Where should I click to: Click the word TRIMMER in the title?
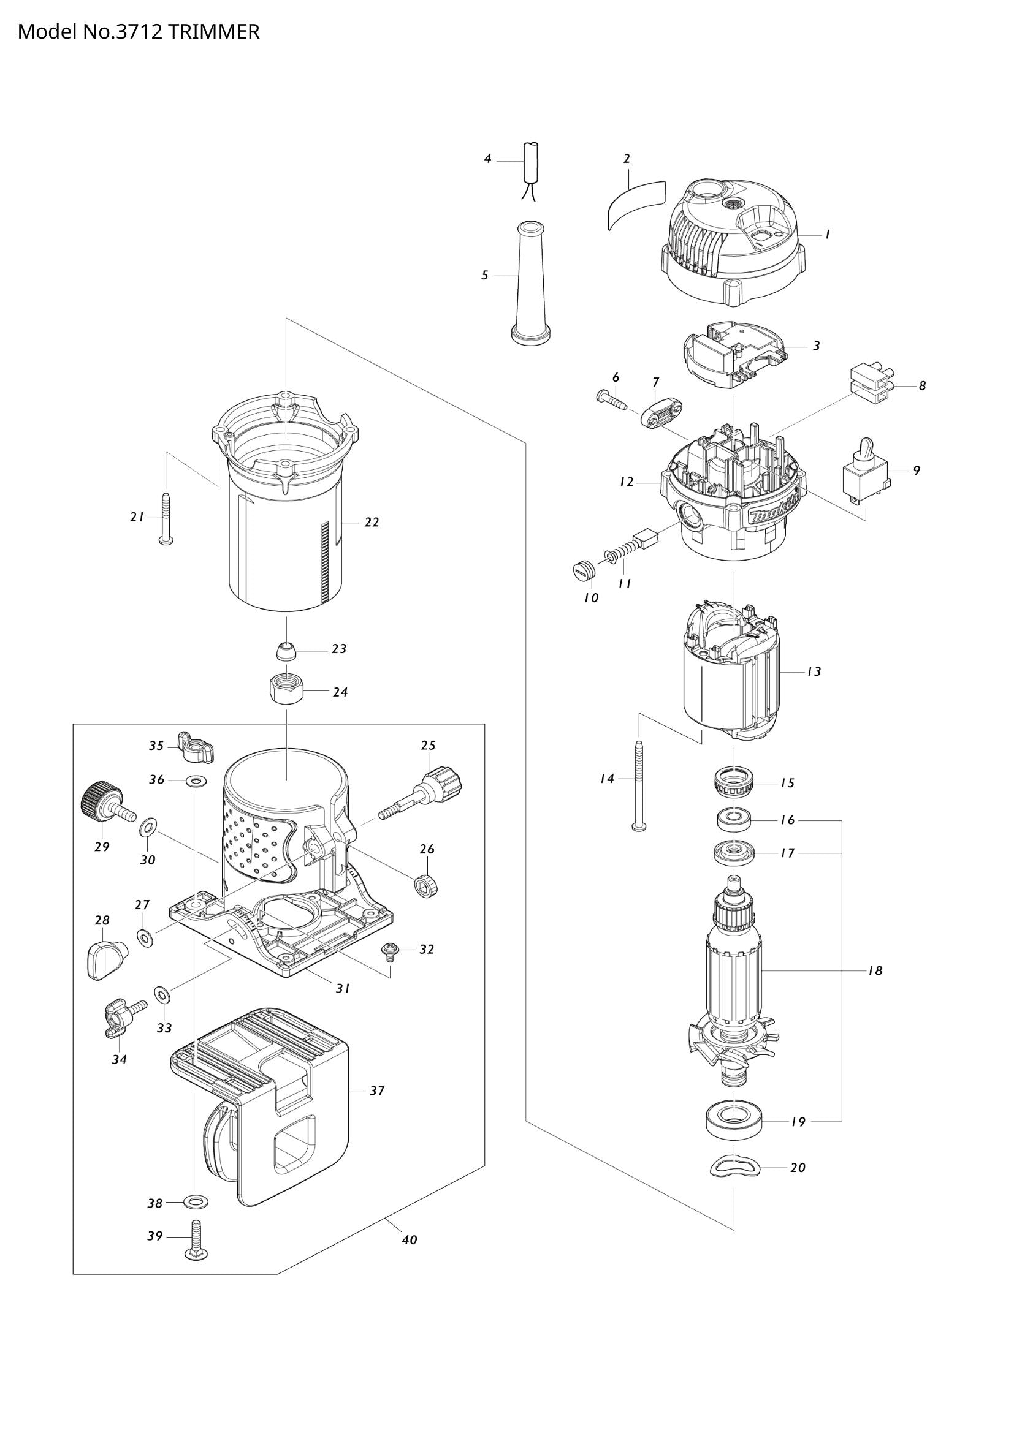point(213,31)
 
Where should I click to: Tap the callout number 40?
point(409,1239)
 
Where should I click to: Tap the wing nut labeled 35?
point(195,747)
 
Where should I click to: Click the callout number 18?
point(875,970)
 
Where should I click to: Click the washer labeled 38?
point(196,1203)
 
